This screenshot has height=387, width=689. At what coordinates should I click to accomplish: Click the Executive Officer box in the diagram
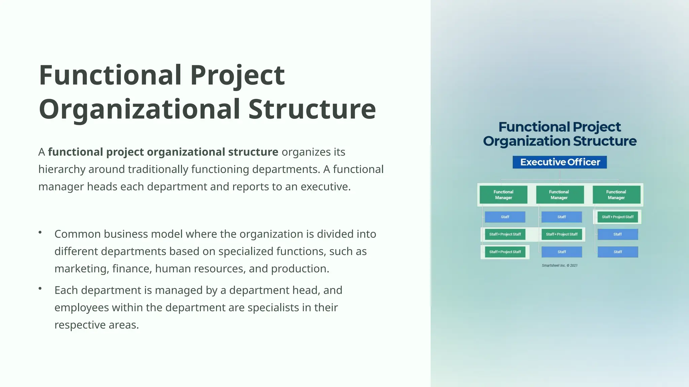click(560, 162)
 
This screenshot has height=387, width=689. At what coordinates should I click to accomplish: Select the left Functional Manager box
click(503, 195)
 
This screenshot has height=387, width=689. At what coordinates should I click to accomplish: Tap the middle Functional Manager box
click(559, 195)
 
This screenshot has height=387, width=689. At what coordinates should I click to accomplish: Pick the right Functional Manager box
click(616, 195)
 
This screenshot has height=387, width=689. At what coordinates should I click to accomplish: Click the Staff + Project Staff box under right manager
click(617, 217)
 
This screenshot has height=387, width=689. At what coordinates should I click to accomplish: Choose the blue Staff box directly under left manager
click(505, 217)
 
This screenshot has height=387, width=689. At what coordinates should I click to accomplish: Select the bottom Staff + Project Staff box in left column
click(505, 252)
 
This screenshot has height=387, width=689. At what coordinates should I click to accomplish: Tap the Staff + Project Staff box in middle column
click(561, 234)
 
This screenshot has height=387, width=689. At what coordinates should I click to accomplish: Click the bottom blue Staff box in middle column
click(561, 252)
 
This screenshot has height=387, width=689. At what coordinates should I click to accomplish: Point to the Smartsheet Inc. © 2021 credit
click(559, 265)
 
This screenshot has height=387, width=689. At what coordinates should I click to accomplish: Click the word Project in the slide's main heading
click(237, 75)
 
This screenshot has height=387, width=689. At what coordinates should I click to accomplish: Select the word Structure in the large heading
click(312, 110)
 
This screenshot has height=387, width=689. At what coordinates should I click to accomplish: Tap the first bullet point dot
click(40, 232)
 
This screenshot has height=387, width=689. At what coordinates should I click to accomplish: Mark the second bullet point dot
click(40, 288)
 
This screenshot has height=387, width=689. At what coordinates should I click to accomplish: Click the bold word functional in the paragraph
click(75, 152)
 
